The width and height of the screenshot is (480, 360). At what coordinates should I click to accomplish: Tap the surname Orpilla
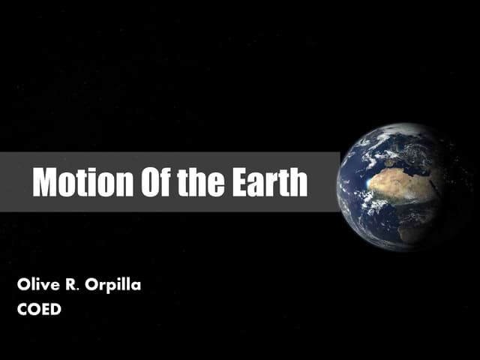tap(114, 286)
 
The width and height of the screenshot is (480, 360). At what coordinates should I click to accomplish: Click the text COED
tap(38, 307)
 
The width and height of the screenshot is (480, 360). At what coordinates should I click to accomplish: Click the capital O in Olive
tap(22, 285)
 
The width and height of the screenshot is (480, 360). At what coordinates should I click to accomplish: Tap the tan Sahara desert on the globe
tap(405, 184)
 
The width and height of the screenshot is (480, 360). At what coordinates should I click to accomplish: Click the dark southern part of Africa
tap(417, 229)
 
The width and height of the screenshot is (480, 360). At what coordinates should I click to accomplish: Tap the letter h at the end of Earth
tap(299, 182)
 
